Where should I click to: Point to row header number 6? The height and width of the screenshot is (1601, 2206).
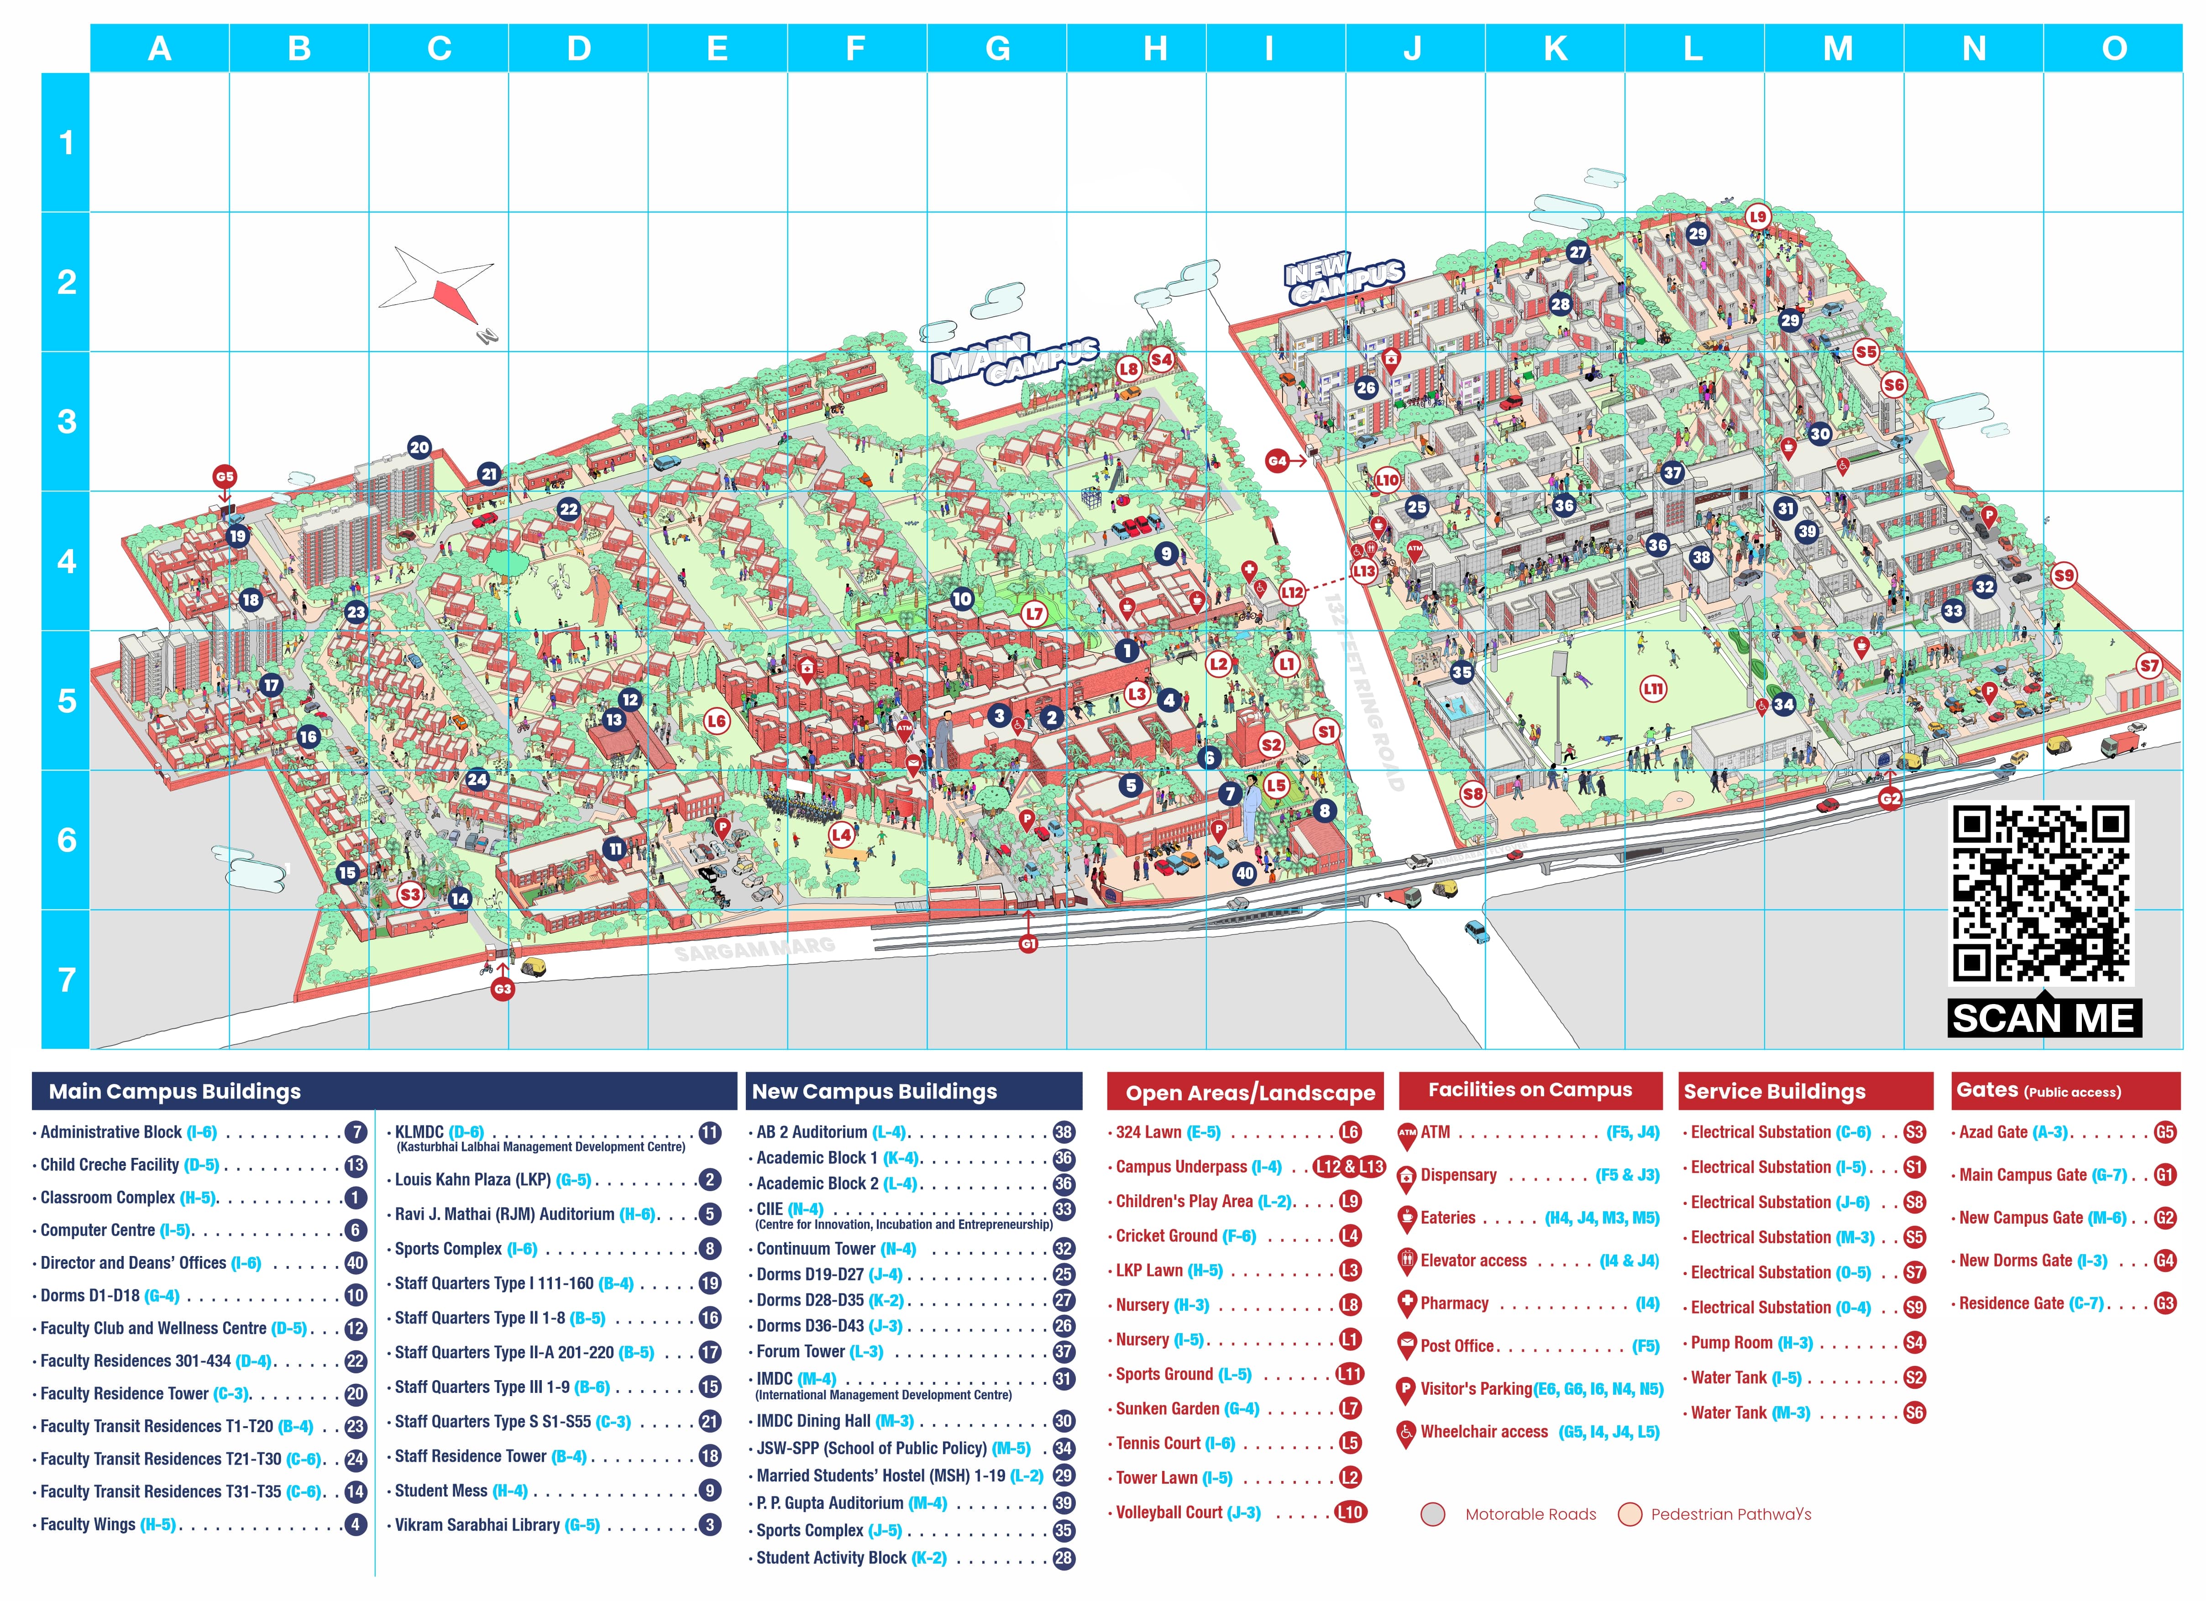point(66,840)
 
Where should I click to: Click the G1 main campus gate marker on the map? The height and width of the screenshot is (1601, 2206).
point(1028,943)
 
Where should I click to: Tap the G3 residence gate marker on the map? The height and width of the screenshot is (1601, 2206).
point(502,989)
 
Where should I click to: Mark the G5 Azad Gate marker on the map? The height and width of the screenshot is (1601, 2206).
point(225,476)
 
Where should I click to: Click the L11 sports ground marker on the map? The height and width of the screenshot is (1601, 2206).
point(1652,690)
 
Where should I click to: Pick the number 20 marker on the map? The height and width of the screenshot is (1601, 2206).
point(419,447)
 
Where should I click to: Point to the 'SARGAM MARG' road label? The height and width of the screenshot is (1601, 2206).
point(755,949)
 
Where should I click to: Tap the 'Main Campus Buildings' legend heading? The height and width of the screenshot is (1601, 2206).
point(175,1091)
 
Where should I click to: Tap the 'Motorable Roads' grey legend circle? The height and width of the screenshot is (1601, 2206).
point(1433,1514)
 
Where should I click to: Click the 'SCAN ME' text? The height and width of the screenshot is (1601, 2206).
point(2044,1018)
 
